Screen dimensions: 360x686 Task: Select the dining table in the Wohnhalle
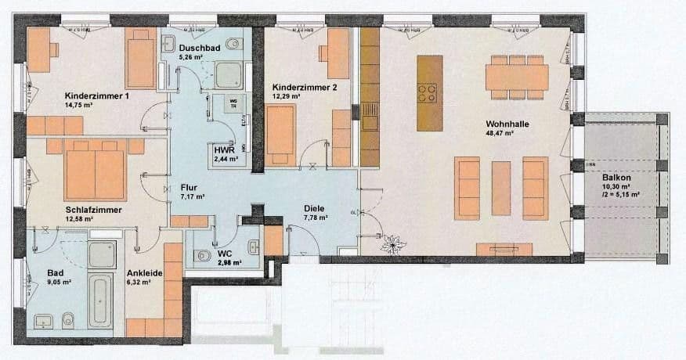517,77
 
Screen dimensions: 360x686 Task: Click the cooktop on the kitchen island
427,93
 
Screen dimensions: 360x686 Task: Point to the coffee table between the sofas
501,188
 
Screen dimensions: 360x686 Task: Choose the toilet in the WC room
204,255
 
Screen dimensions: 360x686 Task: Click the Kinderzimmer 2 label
304,88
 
